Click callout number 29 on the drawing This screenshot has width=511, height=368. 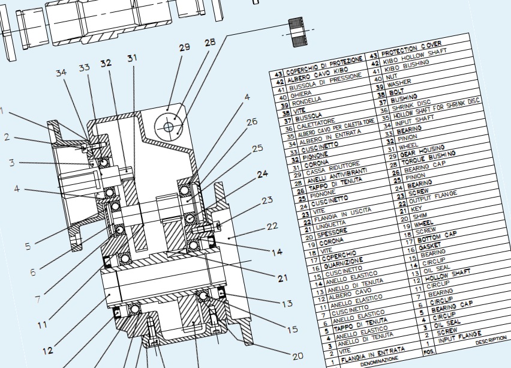point(184,47)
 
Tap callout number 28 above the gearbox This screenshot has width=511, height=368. point(209,43)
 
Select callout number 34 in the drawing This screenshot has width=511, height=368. point(61,73)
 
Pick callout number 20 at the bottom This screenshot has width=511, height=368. point(297,355)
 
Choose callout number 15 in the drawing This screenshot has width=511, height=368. point(292,329)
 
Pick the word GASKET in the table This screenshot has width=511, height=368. point(428,246)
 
